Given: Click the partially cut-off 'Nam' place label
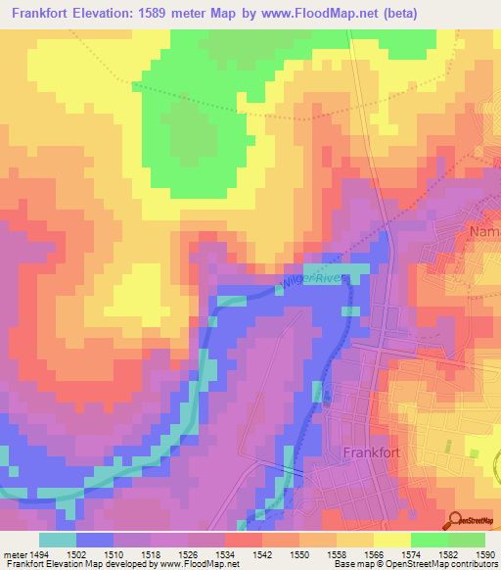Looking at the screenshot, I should (484, 231).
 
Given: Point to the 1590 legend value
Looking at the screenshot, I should (484, 553).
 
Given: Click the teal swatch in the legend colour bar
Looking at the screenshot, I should (58, 540).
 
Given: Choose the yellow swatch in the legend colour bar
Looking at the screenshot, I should (391, 540).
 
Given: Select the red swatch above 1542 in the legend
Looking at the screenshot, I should (243, 540).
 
